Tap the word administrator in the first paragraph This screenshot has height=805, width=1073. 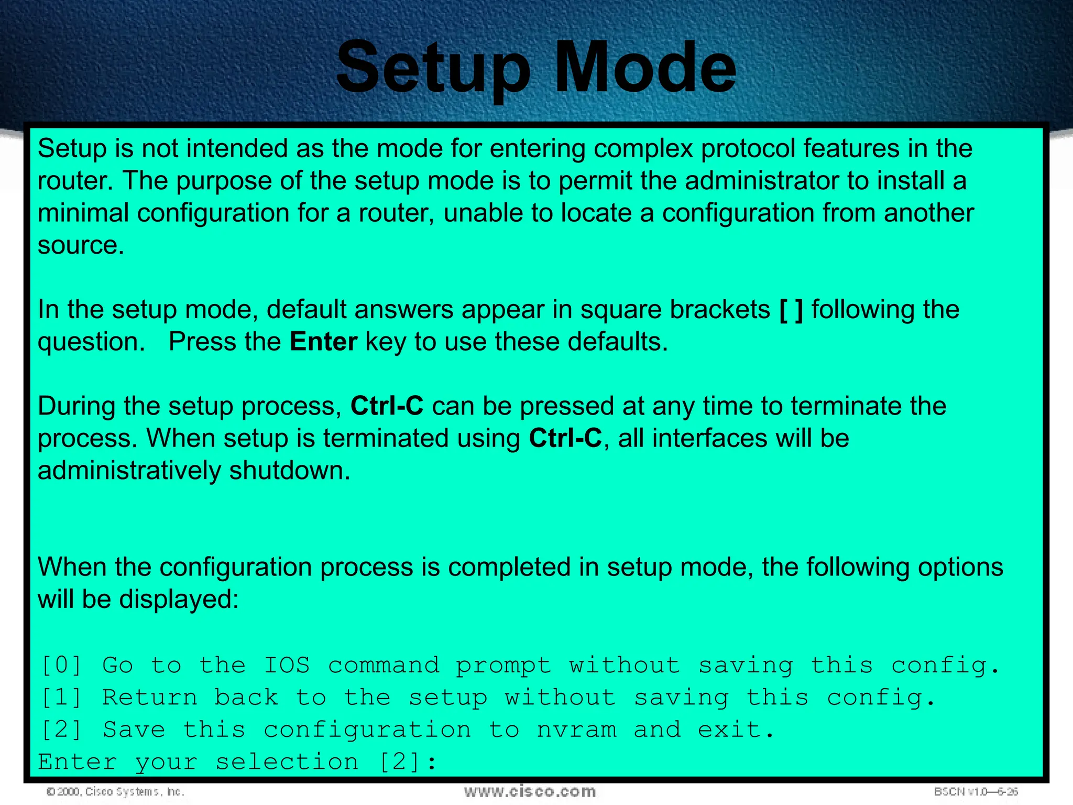click(762, 181)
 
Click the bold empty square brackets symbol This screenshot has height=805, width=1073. click(791, 310)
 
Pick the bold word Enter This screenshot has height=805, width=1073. click(323, 342)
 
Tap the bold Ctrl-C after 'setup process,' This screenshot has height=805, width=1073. click(387, 406)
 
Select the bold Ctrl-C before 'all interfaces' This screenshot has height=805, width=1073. click(565, 439)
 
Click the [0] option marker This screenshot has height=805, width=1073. click(61, 666)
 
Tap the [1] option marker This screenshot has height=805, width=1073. click(61, 698)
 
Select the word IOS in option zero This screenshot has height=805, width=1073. click(287, 666)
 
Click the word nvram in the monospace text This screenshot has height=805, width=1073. click(576, 730)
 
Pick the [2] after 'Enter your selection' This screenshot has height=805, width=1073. click(399, 762)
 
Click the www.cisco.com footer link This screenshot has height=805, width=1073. click(530, 791)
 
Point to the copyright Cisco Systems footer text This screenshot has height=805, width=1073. click(115, 792)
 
